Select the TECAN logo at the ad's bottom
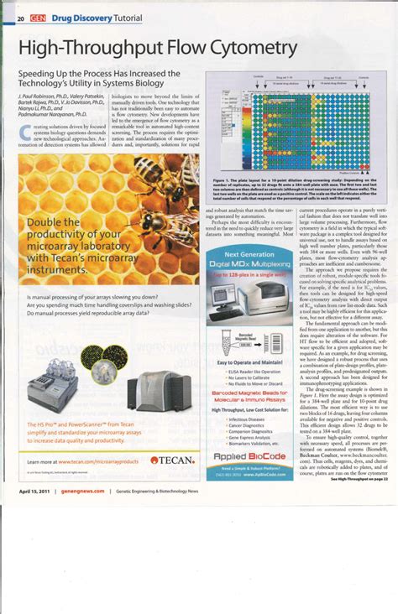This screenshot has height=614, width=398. [171, 460]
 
